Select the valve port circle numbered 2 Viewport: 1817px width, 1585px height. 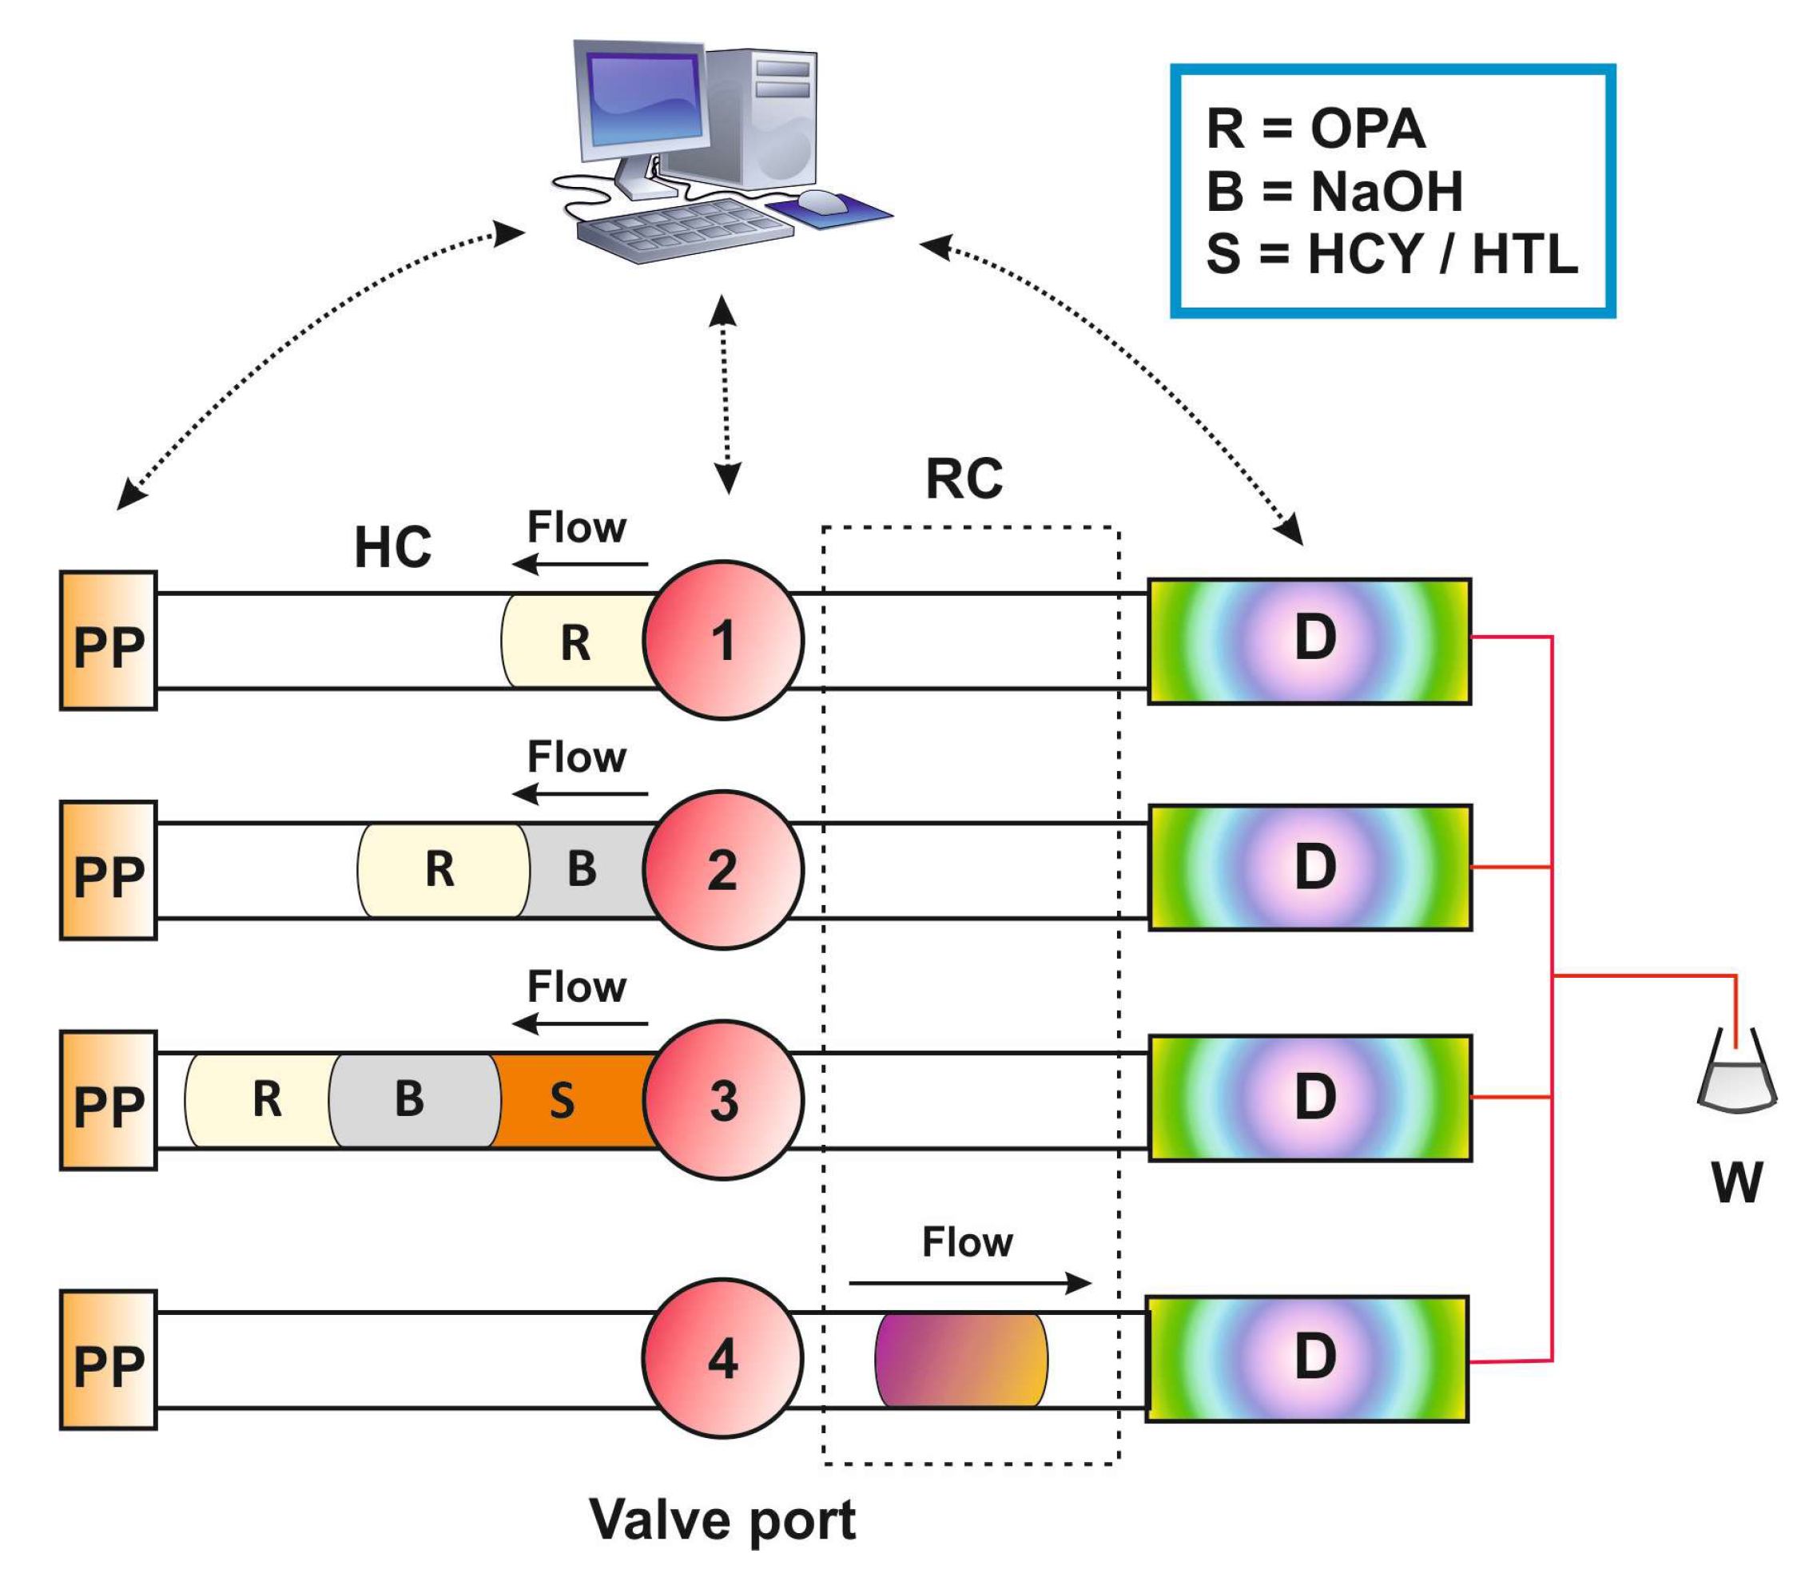point(723,869)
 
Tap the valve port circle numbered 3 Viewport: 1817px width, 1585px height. point(723,1099)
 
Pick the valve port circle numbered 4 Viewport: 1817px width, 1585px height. point(723,1359)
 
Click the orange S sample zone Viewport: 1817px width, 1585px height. point(571,1100)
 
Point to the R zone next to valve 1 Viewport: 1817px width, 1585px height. point(575,641)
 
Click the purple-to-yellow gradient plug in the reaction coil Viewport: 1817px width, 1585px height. point(960,1360)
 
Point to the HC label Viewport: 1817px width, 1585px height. point(393,546)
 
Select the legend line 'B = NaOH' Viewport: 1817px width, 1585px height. point(1334,191)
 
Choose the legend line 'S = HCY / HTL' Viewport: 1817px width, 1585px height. point(1391,254)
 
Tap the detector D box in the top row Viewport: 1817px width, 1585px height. point(1310,642)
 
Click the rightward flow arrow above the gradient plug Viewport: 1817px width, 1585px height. point(970,1282)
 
